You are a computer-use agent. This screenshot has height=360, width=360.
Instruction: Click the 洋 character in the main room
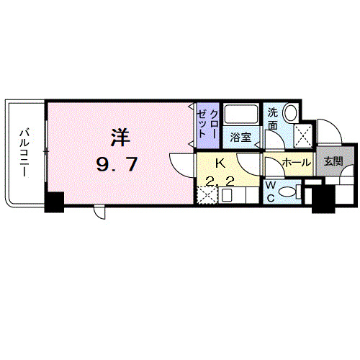(120, 138)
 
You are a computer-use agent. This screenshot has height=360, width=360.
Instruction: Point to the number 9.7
(117, 164)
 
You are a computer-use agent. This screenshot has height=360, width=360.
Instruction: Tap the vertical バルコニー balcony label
(24, 153)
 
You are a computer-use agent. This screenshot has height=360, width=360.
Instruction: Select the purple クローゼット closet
(208, 125)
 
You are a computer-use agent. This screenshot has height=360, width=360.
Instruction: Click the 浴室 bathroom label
(240, 138)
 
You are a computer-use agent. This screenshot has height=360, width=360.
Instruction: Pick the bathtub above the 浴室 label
(241, 114)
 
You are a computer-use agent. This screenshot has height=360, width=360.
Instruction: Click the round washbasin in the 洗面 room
(291, 112)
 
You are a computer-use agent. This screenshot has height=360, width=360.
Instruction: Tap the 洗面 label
(273, 119)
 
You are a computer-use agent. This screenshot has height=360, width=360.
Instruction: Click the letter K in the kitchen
(220, 163)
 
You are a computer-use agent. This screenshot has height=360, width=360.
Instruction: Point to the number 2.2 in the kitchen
(220, 182)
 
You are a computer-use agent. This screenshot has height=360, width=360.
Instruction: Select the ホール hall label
(297, 163)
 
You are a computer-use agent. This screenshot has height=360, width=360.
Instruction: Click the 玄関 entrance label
(334, 161)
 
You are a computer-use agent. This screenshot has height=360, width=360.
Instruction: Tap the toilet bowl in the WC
(288, 192)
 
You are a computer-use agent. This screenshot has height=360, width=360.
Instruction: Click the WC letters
(271, 192)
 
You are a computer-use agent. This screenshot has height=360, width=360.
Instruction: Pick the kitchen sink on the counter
(226, 196)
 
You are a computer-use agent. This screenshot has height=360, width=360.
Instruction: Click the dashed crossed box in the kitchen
(207, 195)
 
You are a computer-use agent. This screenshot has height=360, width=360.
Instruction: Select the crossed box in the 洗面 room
(303, 136)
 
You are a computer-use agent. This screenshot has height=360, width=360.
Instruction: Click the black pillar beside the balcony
(55, 202)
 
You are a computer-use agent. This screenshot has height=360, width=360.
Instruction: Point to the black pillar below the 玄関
(323, 199)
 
